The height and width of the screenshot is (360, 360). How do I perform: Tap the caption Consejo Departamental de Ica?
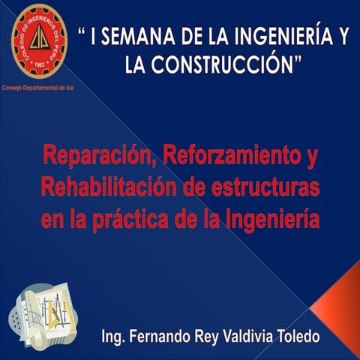pyautogui.click(x=42, y=85)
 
